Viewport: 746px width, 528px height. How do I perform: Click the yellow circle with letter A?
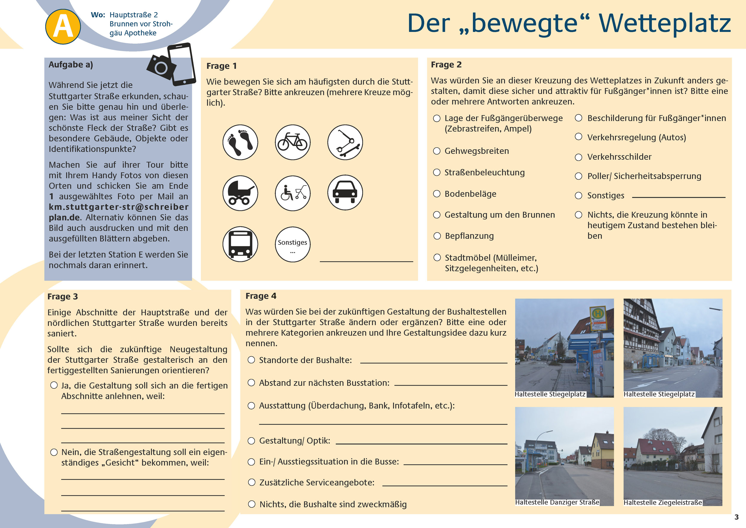click(x=63, y=27)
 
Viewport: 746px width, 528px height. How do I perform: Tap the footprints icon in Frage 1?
click(x=240, y=142)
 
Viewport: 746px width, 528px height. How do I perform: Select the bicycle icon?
click(x=292, y=142)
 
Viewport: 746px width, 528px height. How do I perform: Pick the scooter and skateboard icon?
click(x=345, y=142)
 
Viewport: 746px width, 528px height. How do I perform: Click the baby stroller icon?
click(x=240, y=193)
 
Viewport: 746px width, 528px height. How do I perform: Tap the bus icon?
click(x=240, y=244)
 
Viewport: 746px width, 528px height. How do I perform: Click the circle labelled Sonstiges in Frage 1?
click(x=292, y=244)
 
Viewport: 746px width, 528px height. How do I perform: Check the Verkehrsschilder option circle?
click(x=579, y=157)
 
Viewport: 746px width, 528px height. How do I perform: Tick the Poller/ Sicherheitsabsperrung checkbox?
click(x=579, y=176)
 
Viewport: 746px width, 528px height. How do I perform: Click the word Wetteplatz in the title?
click(x=665, y=23)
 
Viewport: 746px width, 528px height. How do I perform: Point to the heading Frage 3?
click(x=63, y=297)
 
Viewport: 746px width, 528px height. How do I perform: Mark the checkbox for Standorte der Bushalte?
click(x=251, y=360)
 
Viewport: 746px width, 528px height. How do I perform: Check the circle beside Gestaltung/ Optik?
click(x=251, y=441)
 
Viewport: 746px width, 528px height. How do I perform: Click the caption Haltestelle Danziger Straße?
click(x=557, y=502)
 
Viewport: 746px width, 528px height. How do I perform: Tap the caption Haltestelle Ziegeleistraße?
click(x=663, y=503)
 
